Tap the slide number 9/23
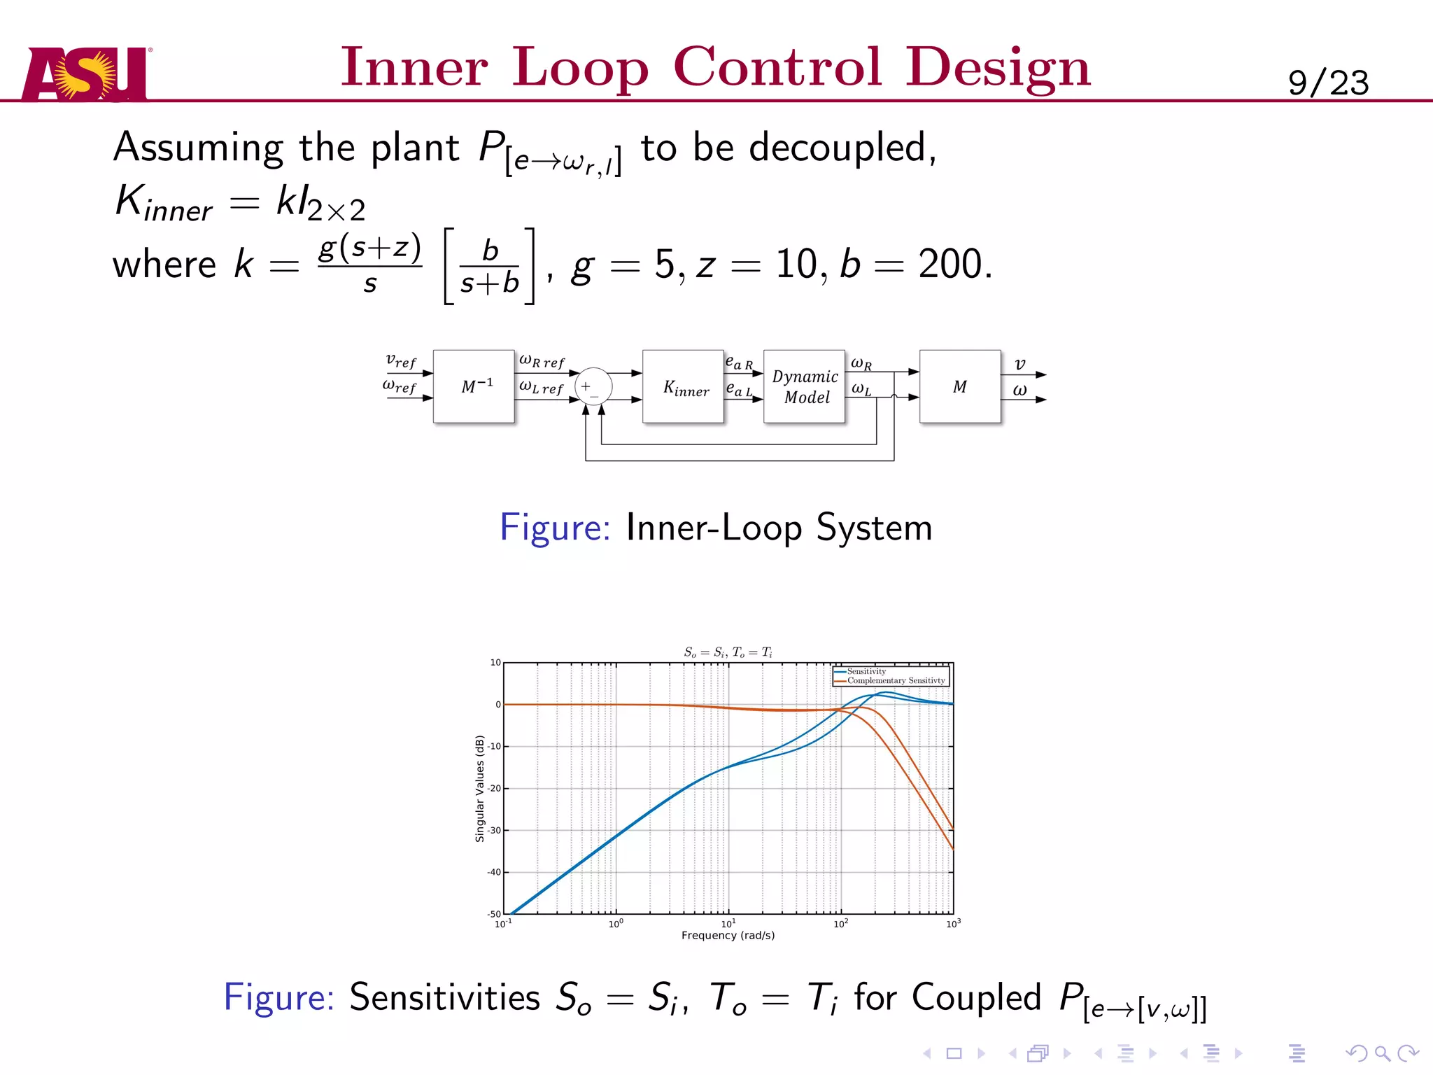[x=1327, y=83]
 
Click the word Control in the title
[x=777, y=68]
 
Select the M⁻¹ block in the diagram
[x=474, y=386]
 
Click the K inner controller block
[x=684, y=386]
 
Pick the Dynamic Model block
[x=805, y=386]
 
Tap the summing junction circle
[x=593, y=386]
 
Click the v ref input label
[x=401, y=361]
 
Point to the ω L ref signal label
[x=541, y=387]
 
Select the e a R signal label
[x=739, y=363]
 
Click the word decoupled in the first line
[x=838, y=148]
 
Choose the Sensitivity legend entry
[x=866, y=671]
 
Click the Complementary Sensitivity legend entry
[x=896, y=680]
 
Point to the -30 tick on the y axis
[x=495, y=831]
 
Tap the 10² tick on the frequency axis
[x=840, y=924]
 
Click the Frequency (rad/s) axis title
[x=728, y=936]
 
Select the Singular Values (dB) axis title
[x=480, y=788]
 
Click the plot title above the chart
[x=728, y=652]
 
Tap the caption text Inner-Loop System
[x=779, y=528]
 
